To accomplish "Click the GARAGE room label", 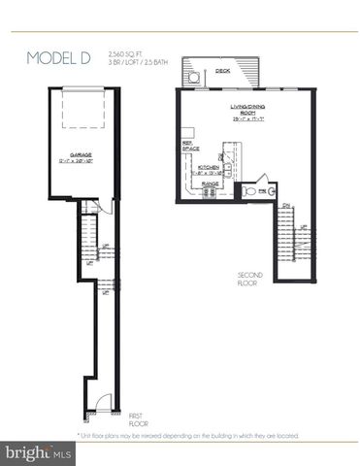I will coord(82,153).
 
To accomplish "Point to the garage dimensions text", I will coord(82,161).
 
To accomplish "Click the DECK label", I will coord(222,70).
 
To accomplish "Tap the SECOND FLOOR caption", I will coord(250,279).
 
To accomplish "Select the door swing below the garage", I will coord(88,207).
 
